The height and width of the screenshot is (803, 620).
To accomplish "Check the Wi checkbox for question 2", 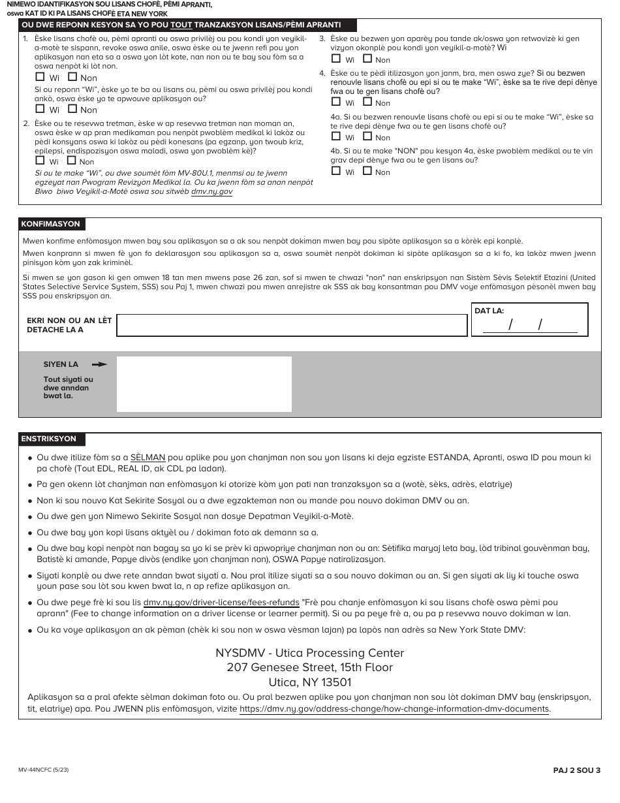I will pyautogui.click(x=40, y=161).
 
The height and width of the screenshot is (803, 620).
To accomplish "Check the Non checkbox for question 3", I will pyautogui.click(x=367, y=59).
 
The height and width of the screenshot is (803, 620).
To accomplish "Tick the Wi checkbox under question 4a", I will pyautogui.click(x=336, y=136).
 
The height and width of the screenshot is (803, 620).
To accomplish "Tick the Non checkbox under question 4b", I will pyautogui.click(x=367, y=171).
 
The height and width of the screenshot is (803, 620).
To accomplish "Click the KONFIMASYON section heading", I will pyautogui.click(x=51, y=224).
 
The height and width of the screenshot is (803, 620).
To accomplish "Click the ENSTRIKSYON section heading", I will pyautogui.click(x=49, y=439).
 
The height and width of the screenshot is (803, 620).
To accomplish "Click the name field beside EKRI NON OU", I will pyautogui.click(x=292, y=325).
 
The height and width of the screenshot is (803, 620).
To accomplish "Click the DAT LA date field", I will pyautogui.click(x=529, y=324).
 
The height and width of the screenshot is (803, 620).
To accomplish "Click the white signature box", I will pyautogui.click(x=204, y=384).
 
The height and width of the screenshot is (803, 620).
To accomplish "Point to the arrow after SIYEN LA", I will pyautogui.click(x=99, y=364).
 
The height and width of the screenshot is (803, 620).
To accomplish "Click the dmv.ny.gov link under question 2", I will pyautogui.click(x=211, y=192).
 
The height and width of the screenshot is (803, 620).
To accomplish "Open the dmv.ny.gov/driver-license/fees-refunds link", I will pyautogui.click(x=221, y=603).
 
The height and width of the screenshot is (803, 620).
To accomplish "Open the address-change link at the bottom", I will pyautogui.click(x=394, y=709).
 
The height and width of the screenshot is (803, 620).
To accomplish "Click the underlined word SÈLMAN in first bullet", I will pyautogui.click(x=147, y=458).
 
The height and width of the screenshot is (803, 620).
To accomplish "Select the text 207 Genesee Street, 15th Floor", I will pyautogui.click(x=310, y=667).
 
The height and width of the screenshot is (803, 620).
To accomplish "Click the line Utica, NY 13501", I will pyautogui.click(x=310, y=682).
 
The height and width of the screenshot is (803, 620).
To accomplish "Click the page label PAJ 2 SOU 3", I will pyautogui.click(x=576, y=770).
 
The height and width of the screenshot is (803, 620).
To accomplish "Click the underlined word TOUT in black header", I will pyautogui.click(x=181, y=25).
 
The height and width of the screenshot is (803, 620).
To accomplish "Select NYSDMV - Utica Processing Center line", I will pyautogui.click(x=310, y=653).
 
